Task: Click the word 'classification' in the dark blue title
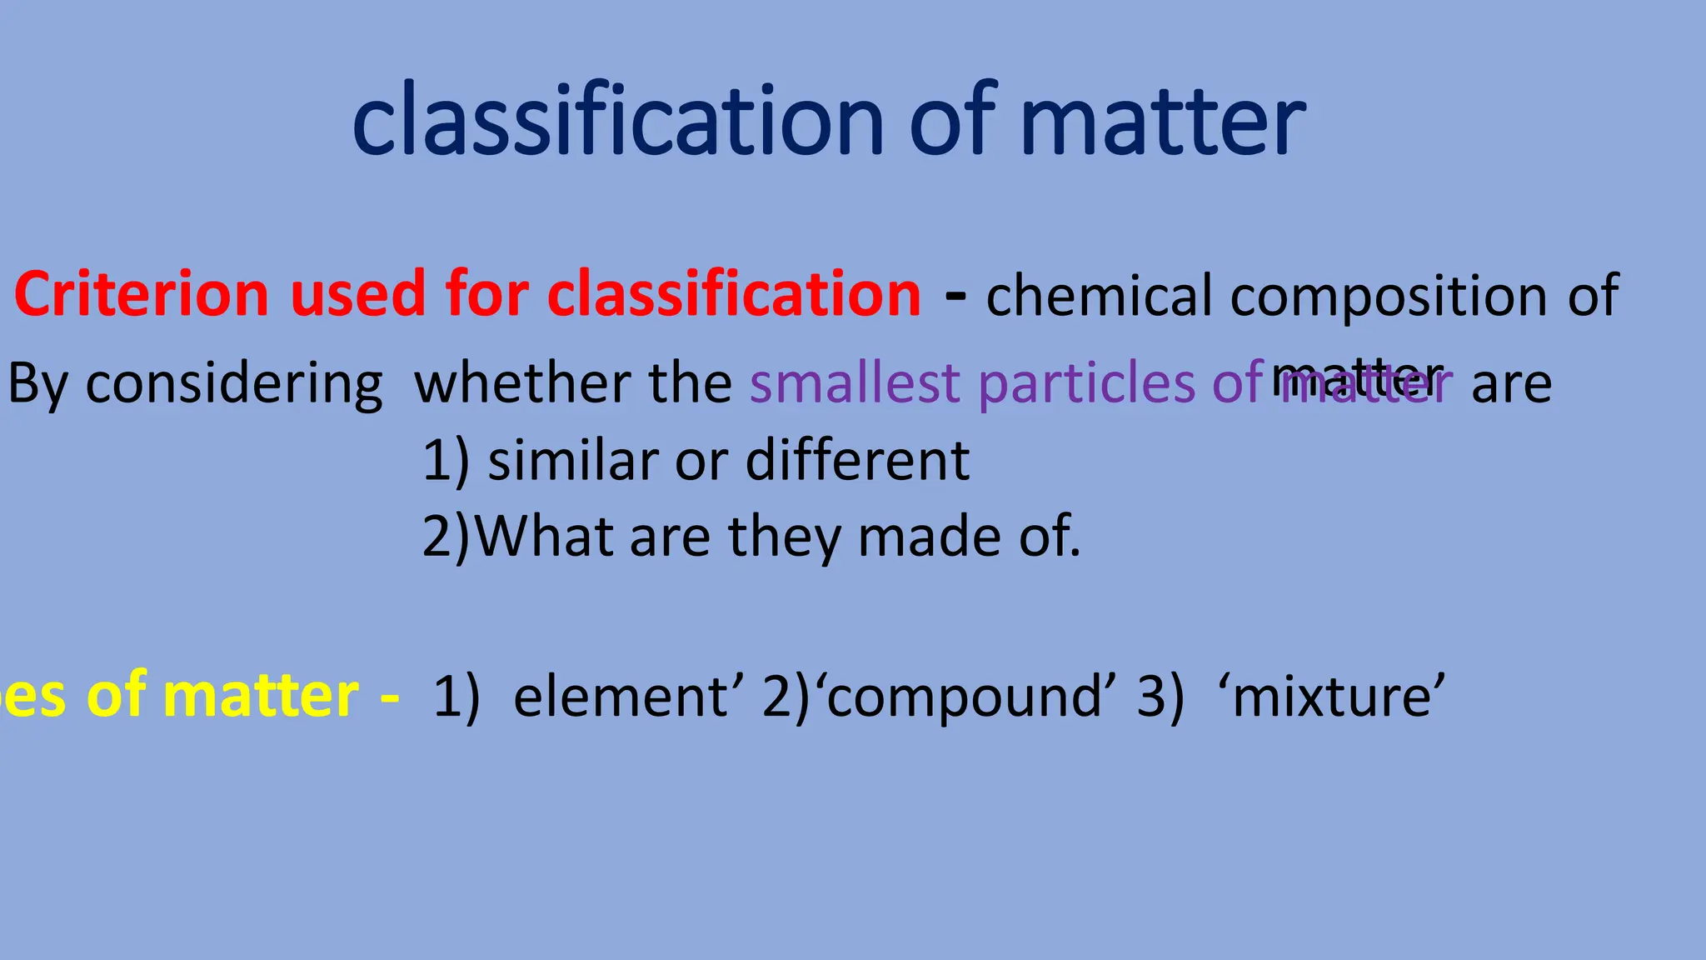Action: coord(617,121)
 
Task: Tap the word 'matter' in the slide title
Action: coord(1163,121)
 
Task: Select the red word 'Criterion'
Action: coord(142,295)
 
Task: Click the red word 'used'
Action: coord(357,295)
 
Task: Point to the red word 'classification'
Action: coord(734,295)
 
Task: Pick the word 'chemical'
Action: coord(1099,297)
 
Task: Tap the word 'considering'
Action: coord(234,384)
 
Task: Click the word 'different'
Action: coord(857,460)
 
